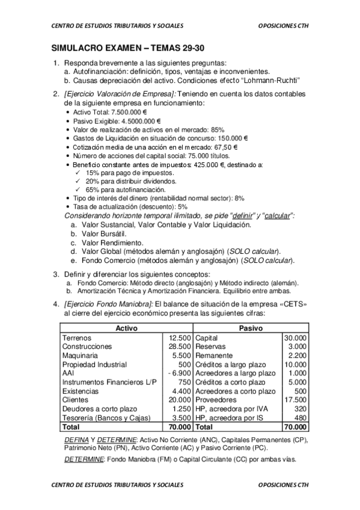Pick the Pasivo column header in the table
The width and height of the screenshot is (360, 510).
pyautogui.click(x=252, y=329)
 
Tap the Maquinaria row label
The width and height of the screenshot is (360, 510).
pyautogui.click(x=82, y=355)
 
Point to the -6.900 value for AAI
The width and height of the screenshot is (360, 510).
pyautogui.click(x=180, y=373)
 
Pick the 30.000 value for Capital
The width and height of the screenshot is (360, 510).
pyautogui.click(x=295, y=338)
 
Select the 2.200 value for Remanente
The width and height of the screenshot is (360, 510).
pyautogui.click(x=297, y=355)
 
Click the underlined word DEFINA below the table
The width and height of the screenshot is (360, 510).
pyautogui.click(x=76, y=440)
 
